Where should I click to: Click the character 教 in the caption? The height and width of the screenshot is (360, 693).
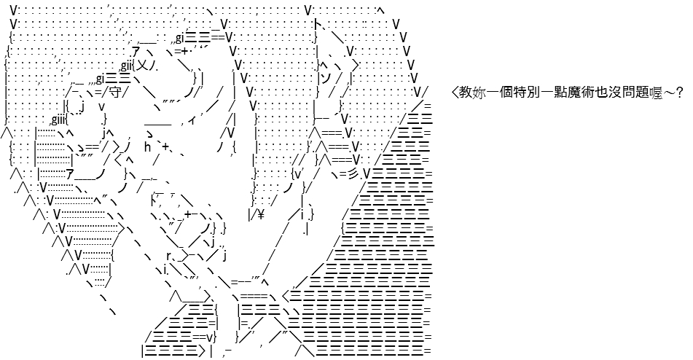point(466,93)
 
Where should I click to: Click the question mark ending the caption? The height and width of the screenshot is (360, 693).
point(679,93)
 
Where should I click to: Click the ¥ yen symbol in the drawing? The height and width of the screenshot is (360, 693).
point(260,214)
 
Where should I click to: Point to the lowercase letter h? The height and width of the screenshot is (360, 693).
point(148,146)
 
